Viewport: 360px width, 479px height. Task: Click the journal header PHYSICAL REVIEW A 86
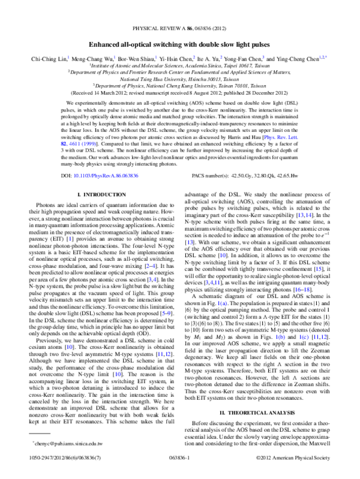(179, 28)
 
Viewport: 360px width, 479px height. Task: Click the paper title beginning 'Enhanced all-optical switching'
(179, 44)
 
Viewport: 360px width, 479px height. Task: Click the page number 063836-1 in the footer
(179, 471)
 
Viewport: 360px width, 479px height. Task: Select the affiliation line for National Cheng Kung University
(179, 86)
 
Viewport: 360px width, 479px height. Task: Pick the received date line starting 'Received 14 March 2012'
(179, 94)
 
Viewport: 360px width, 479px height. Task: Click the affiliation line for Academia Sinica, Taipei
(179, 66)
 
